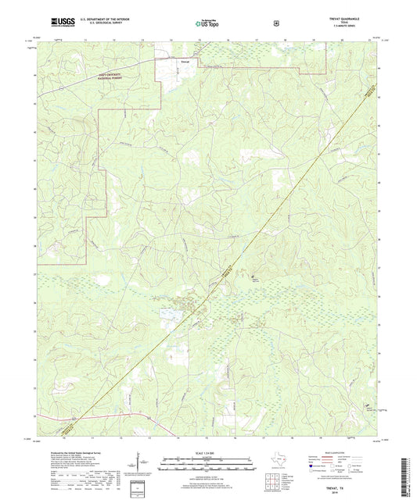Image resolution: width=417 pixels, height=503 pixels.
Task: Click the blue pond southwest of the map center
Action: (168, 313)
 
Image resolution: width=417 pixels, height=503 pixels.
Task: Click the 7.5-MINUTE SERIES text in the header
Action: (359, 28)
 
